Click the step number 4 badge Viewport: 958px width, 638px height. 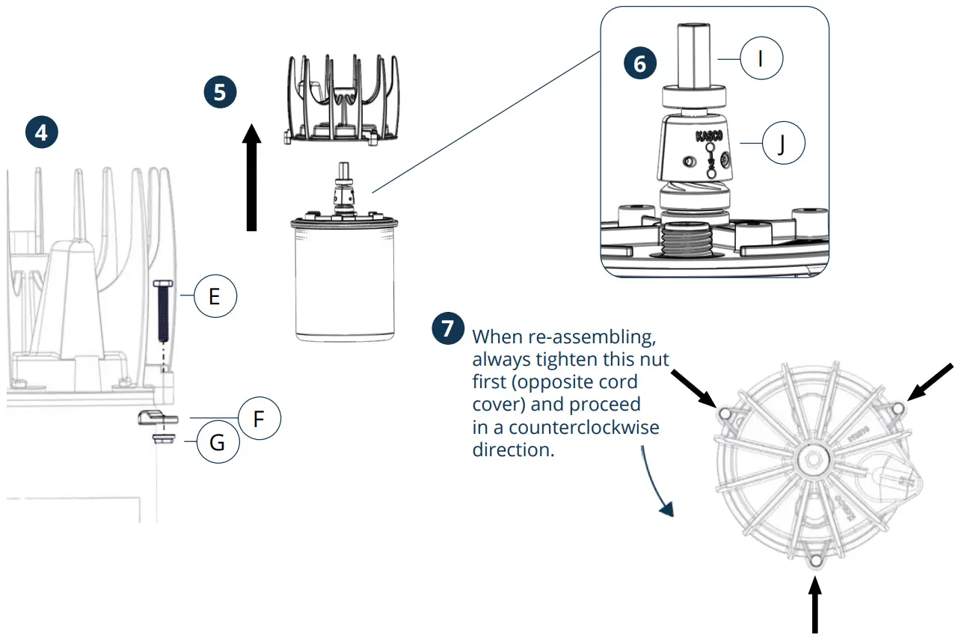tap(41, 132)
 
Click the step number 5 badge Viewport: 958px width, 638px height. tap(220, 92)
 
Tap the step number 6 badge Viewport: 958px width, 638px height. tap(639, 64)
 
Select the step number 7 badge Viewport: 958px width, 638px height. tap(448, 328)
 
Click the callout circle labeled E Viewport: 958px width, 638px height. tap(215, 297)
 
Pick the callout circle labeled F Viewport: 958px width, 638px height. tap(259, 419)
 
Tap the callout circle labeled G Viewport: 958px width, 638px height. tap(217, 443)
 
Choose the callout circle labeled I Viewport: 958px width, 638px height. tap(761, 58)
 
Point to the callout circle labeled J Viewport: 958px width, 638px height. tap(782, 144)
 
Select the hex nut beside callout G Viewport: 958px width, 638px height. tap(162, 438)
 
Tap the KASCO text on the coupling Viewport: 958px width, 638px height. tap(709, 137)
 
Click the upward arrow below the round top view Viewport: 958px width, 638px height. tap(814, 608)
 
